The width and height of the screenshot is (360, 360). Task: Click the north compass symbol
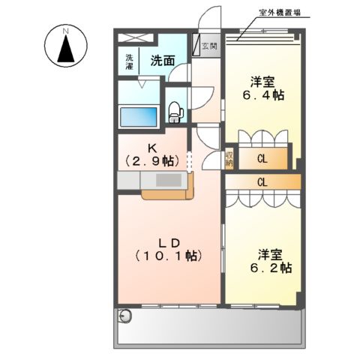click(x=66, y=46)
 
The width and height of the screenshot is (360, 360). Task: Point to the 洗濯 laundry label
click(x=129, y=61)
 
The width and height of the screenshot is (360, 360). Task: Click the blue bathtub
click(x=139, y=117)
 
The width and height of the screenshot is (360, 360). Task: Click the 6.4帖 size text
click(x=261, y=96)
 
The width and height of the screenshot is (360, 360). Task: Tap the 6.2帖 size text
click(x=272, y=267)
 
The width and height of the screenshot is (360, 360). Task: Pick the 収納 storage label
click(x=229, y=158)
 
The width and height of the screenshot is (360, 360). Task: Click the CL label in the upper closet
click(x=262, y=158)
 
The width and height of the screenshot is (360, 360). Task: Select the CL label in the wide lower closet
click(x=262, y=181)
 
